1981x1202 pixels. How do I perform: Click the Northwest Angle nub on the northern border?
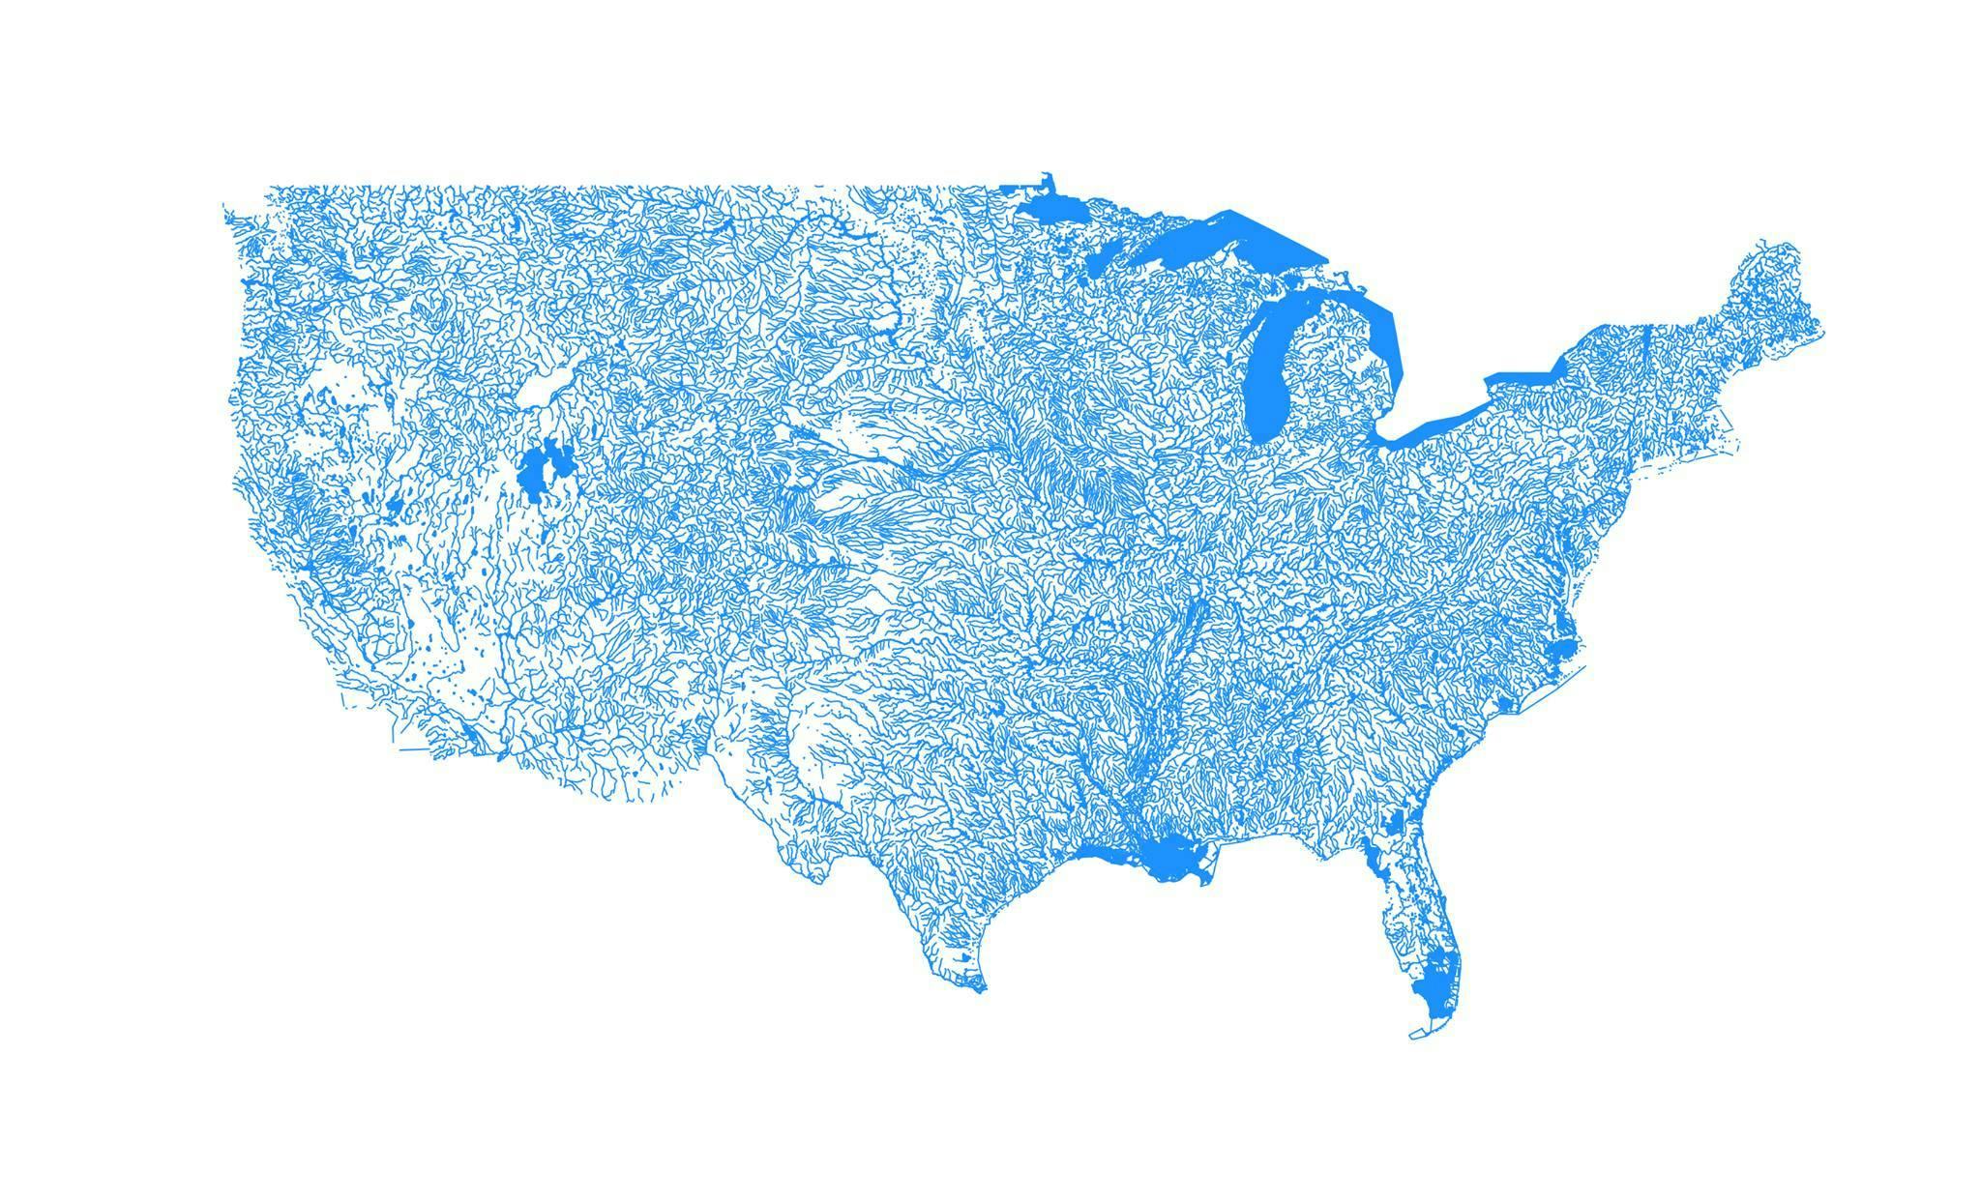click(x=1046, y=179)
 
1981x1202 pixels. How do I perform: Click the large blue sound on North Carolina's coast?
click(x=1559, y=650)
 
